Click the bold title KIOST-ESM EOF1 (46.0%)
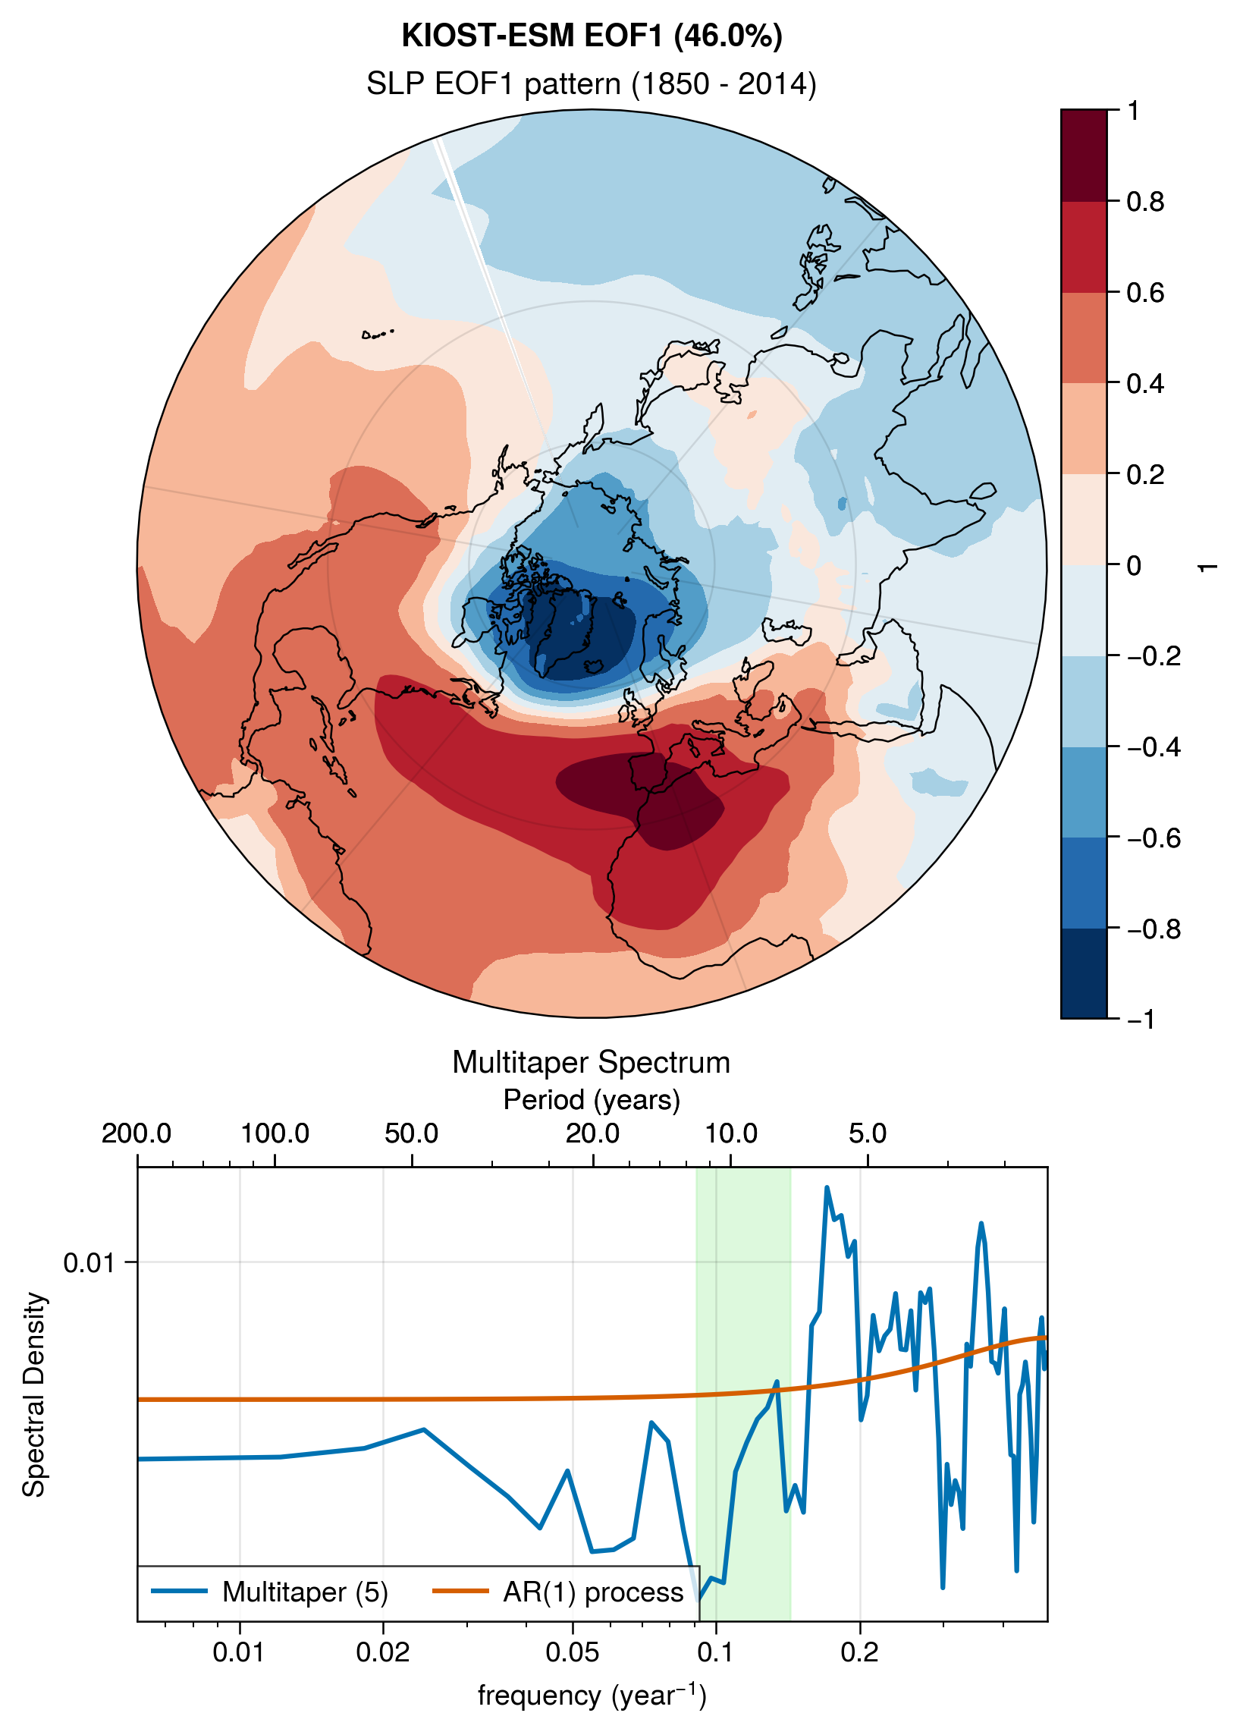coord(592,36)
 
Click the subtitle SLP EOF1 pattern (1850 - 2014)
coord(592,83)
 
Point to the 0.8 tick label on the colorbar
coord(1145,202)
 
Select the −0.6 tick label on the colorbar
coord(1154,838)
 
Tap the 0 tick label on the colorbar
coord(1134,565)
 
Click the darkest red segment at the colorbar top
coord(1083,156)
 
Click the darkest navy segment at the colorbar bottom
coord(1083,973)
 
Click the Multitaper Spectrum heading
coord(592,1063)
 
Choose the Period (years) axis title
coord(592,1099)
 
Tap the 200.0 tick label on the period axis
coord(137,1133)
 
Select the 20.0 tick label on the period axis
coord(593,1133)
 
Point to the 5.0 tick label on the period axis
coord(868,1133)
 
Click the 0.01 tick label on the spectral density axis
coord(89,1262)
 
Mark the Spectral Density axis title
coord(33,1394)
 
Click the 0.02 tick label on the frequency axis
coord(382,1652)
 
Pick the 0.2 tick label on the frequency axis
coord(860,1652)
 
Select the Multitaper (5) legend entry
coord(270,1592)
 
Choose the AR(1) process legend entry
coord(557,1592)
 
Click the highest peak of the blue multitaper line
coord(827,1188)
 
